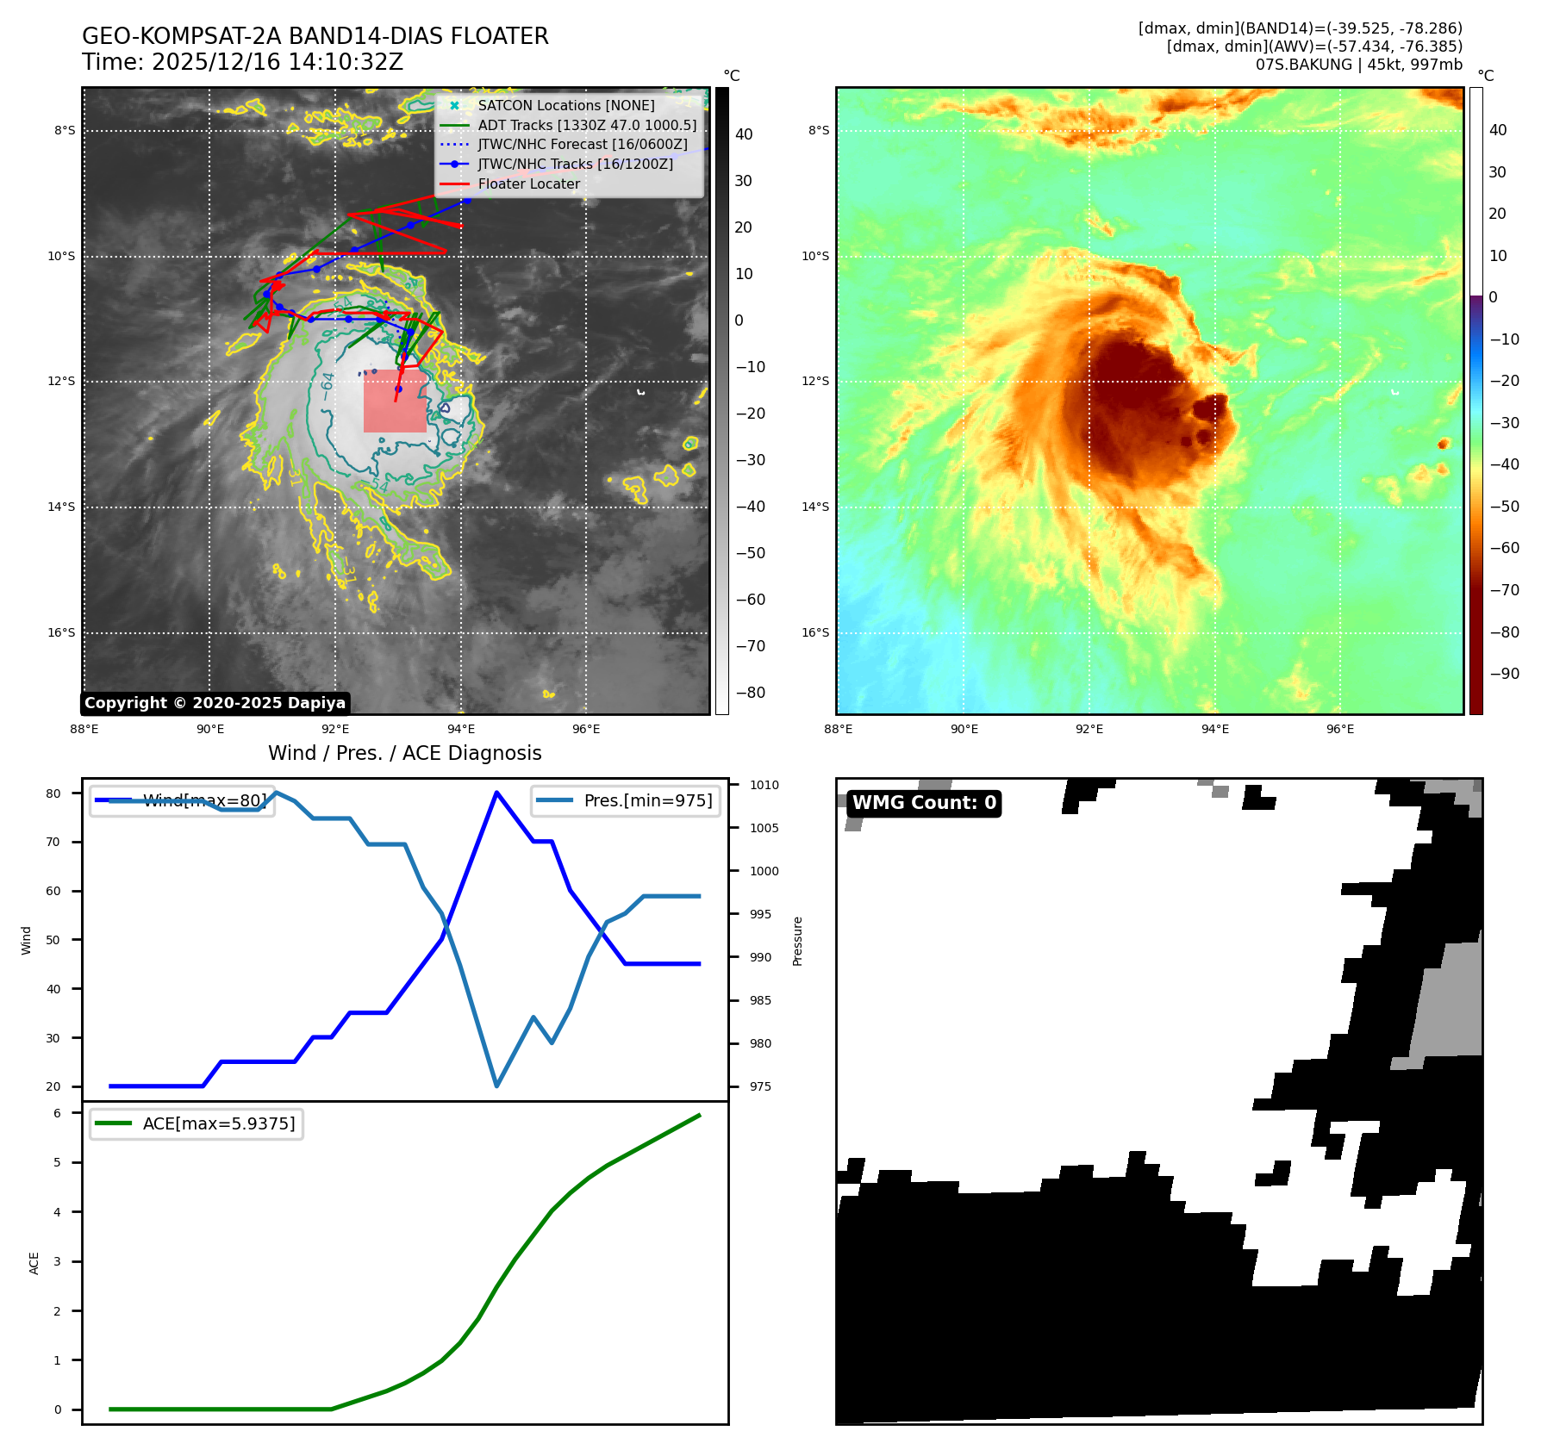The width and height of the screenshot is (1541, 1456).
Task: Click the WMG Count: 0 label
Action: tap(924, 803)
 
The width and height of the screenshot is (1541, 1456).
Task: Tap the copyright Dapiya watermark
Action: tap(215, 703)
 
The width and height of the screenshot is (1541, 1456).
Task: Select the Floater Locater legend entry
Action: tap(528, 184)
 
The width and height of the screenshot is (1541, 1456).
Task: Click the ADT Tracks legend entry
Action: tap(587, 125)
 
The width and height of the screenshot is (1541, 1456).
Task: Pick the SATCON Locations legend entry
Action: tap(565, 105)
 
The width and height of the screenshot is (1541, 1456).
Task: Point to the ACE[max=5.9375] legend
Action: tap(218, 1123)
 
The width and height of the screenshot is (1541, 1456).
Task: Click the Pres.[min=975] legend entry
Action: tap(647, 800)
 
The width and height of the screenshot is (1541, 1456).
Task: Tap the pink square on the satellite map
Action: tap(395, 401)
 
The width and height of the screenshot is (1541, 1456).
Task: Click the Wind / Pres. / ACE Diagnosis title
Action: tap(405, 753)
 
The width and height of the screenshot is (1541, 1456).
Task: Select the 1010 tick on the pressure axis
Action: tap(764, 785)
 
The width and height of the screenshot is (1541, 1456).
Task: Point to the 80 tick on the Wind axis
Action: tap(53, 793)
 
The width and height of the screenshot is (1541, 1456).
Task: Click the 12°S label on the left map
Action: tap(61, 381)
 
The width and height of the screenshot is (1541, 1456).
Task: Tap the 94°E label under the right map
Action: tap(1215, 729)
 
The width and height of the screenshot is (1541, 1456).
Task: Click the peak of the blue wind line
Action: tap(496, 792)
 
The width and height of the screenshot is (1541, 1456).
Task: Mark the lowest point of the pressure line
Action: tap(496, 1086)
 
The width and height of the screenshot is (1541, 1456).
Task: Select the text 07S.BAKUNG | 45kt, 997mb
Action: tap(1358, 65)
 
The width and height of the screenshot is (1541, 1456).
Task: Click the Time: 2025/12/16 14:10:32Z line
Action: tap(242, 62)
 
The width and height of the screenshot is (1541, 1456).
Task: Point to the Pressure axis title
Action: tap(797, 941)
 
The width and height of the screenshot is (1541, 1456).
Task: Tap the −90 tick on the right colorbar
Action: tap(1504, 674)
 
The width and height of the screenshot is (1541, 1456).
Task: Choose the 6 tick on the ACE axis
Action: tap(57, 1113)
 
